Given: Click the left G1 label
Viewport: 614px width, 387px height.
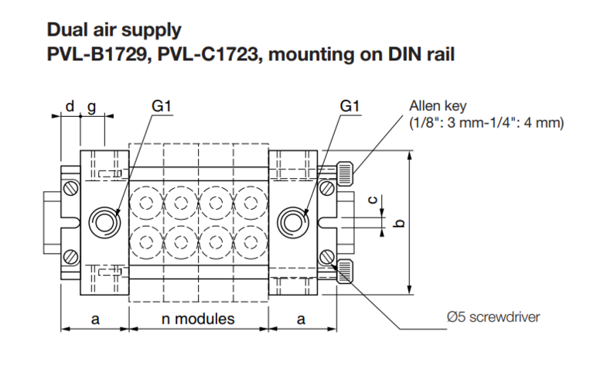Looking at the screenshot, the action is (162, 106).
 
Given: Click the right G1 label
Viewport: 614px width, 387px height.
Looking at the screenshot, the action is (350, 106).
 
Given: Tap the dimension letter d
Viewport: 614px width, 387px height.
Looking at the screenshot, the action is (70, 106).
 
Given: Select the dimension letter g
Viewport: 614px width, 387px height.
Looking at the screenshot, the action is (91, 108).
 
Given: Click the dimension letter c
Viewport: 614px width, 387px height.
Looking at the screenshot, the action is (374, 200).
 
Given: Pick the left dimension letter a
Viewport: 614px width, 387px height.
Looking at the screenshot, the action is (95, 320).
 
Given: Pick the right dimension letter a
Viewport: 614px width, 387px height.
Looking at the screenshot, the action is (301, 320).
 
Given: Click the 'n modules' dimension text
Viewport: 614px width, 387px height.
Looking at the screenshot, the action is (198, 319).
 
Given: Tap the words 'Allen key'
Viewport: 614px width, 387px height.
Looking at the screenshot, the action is (438, 106).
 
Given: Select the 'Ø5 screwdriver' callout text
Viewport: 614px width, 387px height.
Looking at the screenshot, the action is (493, 317).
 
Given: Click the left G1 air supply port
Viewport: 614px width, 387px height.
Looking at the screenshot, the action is (104, 222).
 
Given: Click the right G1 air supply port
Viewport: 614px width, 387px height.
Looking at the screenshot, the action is (293, 222).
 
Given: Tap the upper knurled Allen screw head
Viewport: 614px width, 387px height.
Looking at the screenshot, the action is (345, 173).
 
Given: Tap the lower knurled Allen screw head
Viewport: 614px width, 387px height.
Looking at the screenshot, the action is (345, 272).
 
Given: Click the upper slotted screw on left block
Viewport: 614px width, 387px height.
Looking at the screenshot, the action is (71, 188).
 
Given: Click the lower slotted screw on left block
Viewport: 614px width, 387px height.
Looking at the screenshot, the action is (71, 257).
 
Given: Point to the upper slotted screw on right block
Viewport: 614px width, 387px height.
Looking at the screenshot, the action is (327, 188).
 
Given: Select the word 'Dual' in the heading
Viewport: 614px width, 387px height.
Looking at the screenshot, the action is (67, 29).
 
